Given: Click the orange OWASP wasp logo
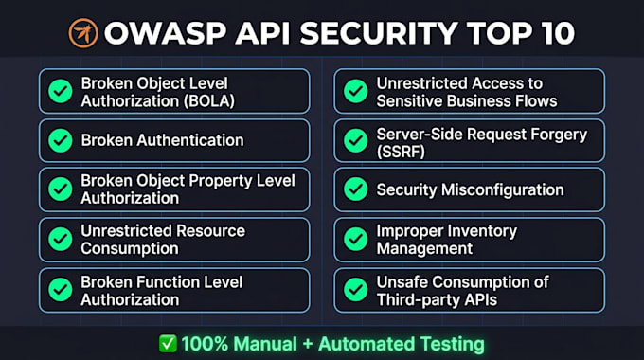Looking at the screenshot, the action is (x=83, y=33).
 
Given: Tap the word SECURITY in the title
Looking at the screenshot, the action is (x=379, y=33).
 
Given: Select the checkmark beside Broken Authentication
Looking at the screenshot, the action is (x=61, y=140).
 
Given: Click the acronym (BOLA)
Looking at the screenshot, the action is (x=209, y=101).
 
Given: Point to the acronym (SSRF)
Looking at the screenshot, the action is (x=401, y=152).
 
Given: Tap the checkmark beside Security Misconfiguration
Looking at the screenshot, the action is (x=356, y=189).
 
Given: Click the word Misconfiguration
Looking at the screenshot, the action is (x=503, y=189).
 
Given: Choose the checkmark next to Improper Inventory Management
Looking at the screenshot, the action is (x=356, y=239).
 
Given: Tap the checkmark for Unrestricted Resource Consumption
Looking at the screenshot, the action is (x=61, y=239).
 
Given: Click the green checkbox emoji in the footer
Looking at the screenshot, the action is (x=168, y=344).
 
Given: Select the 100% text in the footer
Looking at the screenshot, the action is (x=205, y=344).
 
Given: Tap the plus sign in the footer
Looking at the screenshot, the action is (x=307, y=345).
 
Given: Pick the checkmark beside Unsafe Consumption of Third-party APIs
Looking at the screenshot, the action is (x=356, y=290).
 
